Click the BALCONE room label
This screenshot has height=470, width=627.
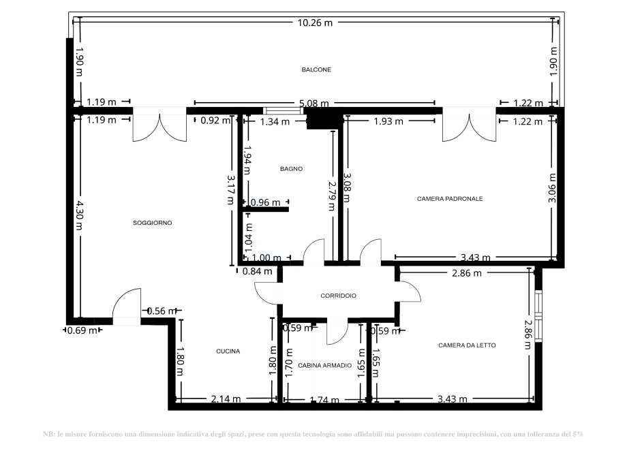tap(316, 70)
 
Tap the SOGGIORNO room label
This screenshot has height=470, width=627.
tap(153, 223)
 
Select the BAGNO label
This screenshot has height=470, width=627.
tap(291, 169)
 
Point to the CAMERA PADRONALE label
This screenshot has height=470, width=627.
tap(450, 199)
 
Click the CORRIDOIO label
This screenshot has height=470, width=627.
tap(339, 296)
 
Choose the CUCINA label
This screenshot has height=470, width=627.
tap(228, 351)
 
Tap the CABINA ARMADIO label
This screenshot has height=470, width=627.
tap(324, 366)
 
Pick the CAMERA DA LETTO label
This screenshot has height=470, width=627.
tap(467, 345)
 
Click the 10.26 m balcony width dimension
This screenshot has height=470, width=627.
tap(316, 22)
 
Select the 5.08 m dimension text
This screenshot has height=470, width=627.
tap(313, 104)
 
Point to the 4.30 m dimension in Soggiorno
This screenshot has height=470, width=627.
tap(79, 215)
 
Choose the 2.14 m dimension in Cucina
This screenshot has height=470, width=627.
tap(226, 399)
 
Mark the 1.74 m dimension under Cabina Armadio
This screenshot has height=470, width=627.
tap(324, 401)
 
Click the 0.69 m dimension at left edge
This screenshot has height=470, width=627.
tap(81, 331)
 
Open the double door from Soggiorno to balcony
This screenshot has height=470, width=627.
tap(159, 126)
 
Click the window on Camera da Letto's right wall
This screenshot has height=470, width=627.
tap(538, 315)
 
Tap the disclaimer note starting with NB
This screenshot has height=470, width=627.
tap(313, 434)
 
